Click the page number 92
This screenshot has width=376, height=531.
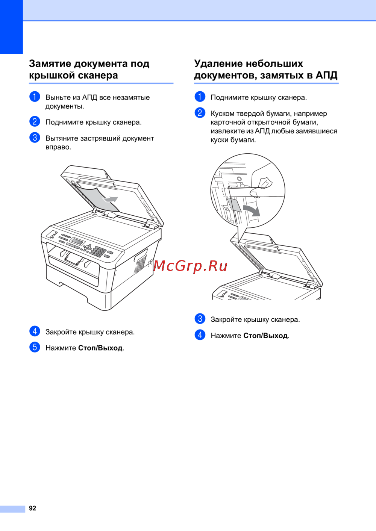(x=32, y=508)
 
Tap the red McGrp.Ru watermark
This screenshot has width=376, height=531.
(x=191, y=266)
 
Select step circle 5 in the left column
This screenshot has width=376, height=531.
(x=35, y=347)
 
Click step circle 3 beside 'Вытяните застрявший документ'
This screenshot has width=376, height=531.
(x=35, y=138)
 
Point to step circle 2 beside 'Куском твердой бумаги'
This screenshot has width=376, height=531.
(x=200, y=113)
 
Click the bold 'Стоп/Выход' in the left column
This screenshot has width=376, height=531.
(x=100, y=348)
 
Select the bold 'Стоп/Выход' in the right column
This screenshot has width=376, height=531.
(x=266, y=336)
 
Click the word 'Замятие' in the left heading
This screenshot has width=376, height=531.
(x=50, y=64)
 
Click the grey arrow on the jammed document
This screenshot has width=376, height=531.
(x=110, y=199)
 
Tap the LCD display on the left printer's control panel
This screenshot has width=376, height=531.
(x=78, y=241)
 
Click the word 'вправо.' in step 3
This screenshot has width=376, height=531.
(x=58, y=147)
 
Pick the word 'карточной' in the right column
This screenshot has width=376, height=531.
(x=228, y=122)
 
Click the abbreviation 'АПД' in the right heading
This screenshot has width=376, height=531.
(x=326, y=76)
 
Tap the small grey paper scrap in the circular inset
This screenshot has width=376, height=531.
(x=235, y=205)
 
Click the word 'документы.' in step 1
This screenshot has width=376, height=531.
(x=65, y=107)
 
